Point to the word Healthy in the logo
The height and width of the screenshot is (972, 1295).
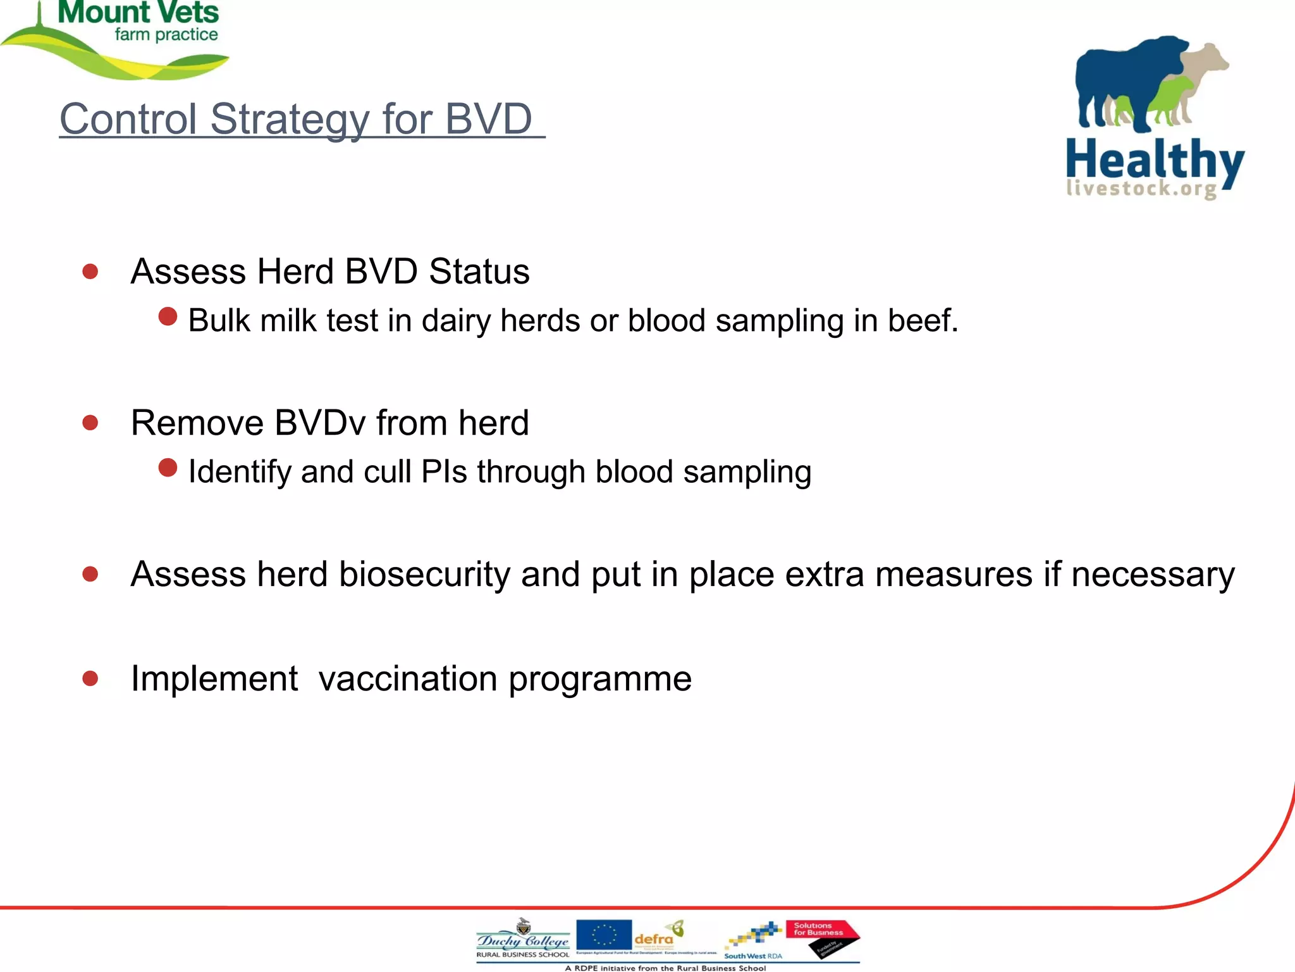pos(1154,161)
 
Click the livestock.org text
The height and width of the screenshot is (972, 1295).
pos(1141,189)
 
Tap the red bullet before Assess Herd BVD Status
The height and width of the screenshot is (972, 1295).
pos(90,271)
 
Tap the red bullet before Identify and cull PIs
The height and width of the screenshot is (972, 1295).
pos(168,468)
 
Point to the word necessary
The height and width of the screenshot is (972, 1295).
pos(1152,575)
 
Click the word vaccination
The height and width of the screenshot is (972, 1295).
pos(408,679)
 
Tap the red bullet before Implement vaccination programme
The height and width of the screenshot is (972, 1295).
pos(90,679)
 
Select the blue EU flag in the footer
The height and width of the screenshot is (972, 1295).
pos(604,935)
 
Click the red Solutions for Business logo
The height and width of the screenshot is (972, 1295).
pos(822,937)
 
